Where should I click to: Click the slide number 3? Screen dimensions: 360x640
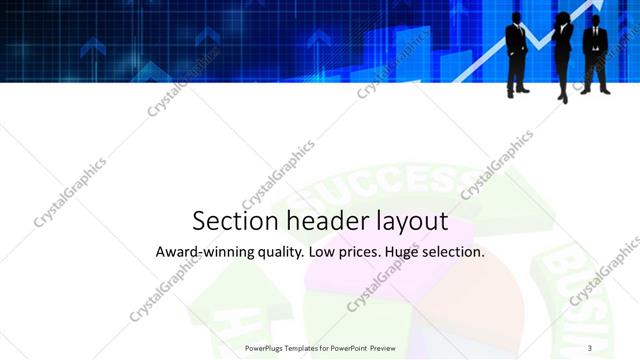[x=590, y=348]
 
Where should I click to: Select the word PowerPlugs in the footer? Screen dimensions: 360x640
[x=266, y=348]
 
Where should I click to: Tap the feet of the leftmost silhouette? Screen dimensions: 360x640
[x=518, y=92]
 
